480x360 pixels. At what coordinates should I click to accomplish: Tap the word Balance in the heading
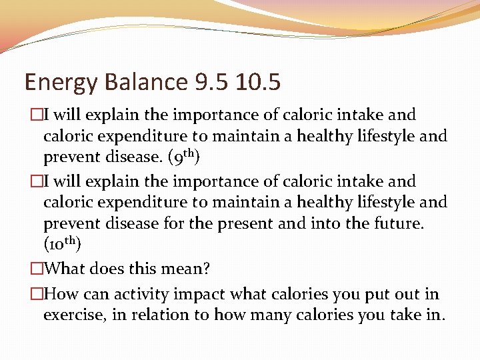pyautogui.click(x=140, y=83)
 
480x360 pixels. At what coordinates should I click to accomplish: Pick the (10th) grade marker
pyautogui.click(x=62, y=244)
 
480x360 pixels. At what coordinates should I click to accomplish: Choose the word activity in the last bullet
pyautogui.click(x=139, y=294)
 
